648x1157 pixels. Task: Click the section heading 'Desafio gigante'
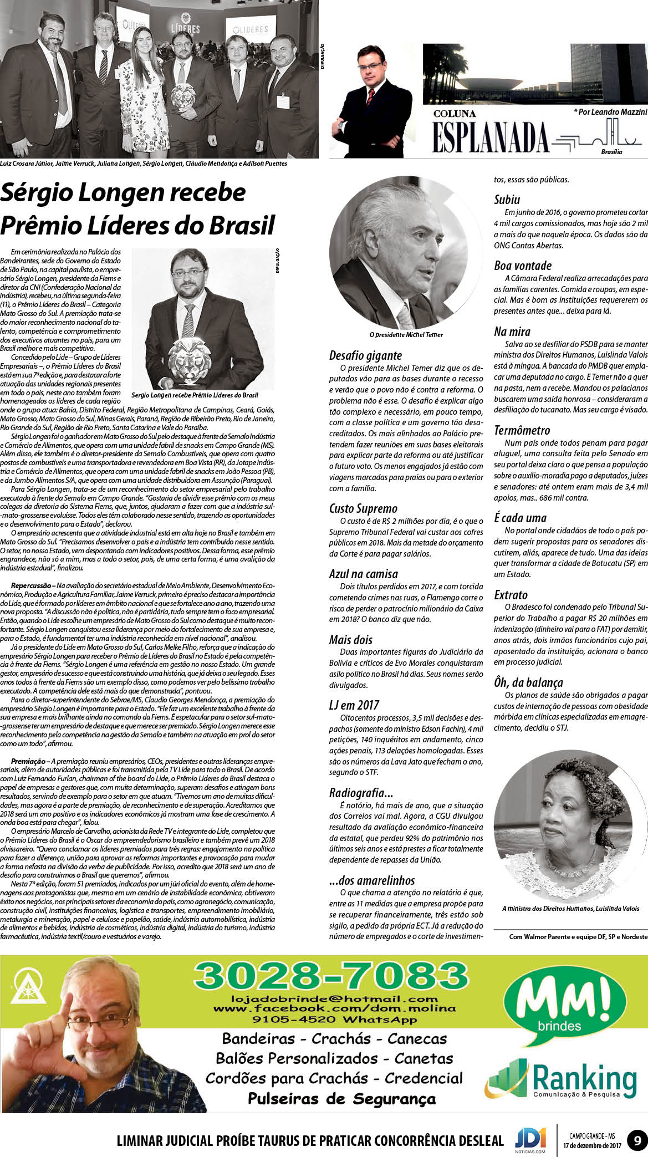(365, 355)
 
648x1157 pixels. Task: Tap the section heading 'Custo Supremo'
(363, 508)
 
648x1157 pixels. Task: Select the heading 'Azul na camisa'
(363, 574)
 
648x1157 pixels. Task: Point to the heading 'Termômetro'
(522, 430)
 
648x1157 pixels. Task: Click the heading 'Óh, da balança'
(528, 682)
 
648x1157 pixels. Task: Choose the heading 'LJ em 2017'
(354, 705)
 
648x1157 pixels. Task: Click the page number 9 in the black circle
(637, 1140)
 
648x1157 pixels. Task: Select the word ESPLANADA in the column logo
(490, 137)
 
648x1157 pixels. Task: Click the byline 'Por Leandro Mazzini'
(610, 112)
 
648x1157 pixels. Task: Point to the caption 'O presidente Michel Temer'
(406, 335)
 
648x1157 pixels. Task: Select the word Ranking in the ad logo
(584, 1079)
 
